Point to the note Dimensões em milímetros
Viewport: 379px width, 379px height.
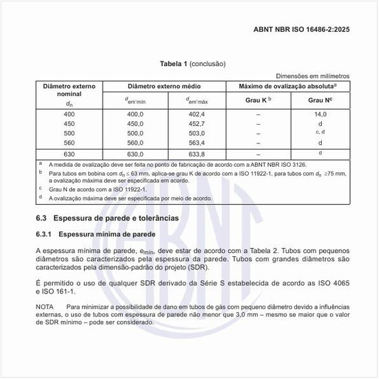pyautogui.click(x=313, y=76)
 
